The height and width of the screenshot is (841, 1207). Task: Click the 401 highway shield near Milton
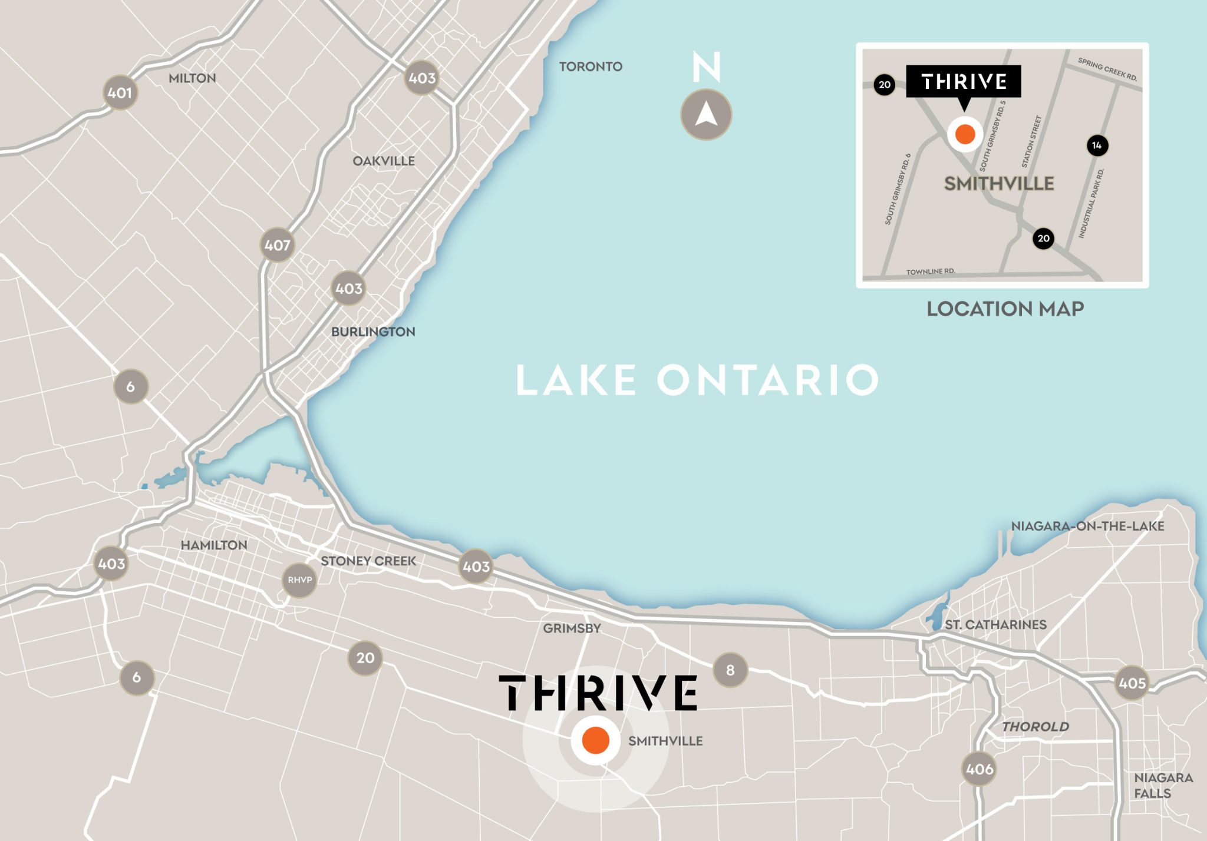click(x=120, y=92)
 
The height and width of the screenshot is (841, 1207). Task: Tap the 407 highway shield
click(x=277, y=245)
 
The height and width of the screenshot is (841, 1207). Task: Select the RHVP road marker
click(x=299, y=580)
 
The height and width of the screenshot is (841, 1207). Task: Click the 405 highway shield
click(x=1132, y=683)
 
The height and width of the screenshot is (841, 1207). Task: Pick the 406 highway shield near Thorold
click(x=980, y=769)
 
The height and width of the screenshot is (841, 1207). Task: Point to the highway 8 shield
click(x=730, y=670)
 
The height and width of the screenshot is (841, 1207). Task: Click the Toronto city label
click(x=591, y=67)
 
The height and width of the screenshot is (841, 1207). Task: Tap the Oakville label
click(x=384, y=161)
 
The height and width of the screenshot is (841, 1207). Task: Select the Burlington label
click(x=373, y=332)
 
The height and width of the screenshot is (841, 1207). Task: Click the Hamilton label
click(x=214, y=545)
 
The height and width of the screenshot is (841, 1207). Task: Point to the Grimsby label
click(x=572, y=628)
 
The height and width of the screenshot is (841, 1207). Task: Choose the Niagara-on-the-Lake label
click(x=1087, y=526)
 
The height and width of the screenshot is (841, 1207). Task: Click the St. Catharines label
click(x=995, y=624)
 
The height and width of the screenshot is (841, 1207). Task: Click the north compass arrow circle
click(x=706, y=114)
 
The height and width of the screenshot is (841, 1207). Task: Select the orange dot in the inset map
click(x=965, y=134)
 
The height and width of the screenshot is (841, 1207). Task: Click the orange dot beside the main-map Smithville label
click(x=595, y=741)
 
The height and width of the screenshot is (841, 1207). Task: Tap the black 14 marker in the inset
click(x=1097, y=145)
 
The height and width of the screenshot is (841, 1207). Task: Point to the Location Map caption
click(x=1005, y=309)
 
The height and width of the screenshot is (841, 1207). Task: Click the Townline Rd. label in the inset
click(x=930, y=271)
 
